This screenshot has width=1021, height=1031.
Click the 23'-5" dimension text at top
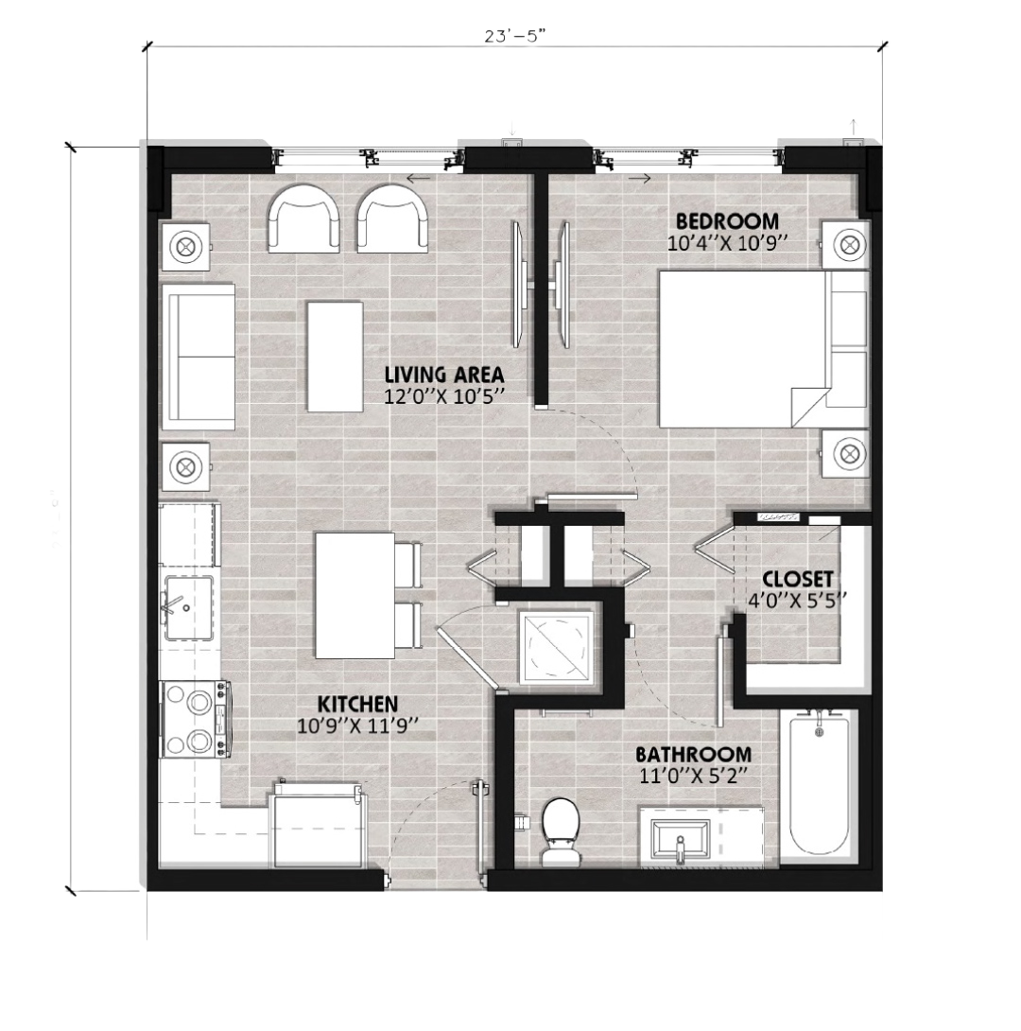click(515, 36)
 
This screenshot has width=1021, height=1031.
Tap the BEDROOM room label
click(727, 221)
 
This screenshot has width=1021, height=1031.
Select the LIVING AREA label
click(444, 375)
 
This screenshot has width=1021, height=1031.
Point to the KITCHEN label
click(357, 705)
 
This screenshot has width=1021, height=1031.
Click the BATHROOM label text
click(693, 754)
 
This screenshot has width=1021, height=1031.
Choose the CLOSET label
click(798, 579)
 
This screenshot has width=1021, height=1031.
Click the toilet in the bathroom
click(561, 831)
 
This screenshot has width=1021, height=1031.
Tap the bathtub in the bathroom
click(820, 786)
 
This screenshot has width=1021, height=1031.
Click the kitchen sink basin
click(188, 609)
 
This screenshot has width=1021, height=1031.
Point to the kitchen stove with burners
click(196, 719)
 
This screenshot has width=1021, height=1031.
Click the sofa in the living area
click(199, 357)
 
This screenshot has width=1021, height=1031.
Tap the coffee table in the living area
click(335, 357)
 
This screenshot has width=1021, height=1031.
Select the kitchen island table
click(355, 596)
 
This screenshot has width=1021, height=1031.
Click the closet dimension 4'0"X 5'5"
click(797, 601)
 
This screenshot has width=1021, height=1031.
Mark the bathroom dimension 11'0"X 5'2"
click(695, 777)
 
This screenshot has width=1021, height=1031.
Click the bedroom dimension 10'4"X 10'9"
click(727, 244)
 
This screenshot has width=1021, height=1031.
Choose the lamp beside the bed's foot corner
click(848, 454)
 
